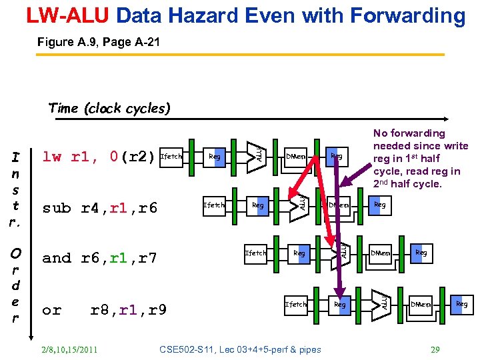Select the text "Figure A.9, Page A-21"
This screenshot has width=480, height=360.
click(98, 42)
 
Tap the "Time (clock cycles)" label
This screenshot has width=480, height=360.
click(109, 108)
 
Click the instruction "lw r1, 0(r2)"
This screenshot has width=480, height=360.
click(99, 157)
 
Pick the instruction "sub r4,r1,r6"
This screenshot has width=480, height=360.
click(99, 208)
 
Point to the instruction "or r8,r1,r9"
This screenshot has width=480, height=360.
click(104, 310)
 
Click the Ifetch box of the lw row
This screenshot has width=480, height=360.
click(171, 157)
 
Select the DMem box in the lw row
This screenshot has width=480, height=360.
click(295, 157)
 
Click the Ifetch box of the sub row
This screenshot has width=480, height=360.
click(213, 205)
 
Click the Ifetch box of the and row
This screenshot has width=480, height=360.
click(255, 253)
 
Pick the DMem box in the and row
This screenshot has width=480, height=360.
click(381, 253)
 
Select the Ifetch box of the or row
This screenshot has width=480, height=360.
click(295, 304)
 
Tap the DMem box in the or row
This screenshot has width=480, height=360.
click(421, 304)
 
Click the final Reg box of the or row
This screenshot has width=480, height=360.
click(461, 304)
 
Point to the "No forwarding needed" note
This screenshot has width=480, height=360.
click(420, 159)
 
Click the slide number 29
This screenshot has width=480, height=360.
click(435, 349)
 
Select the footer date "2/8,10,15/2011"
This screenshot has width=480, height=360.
click(69, 349)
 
